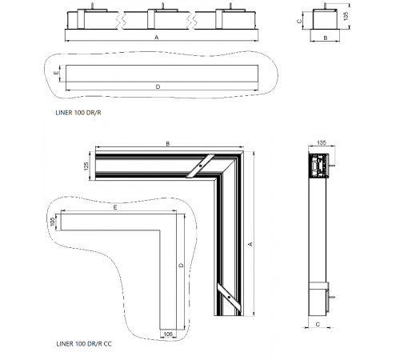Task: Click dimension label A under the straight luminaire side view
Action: point(157,38)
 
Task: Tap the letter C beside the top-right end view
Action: point(299,21)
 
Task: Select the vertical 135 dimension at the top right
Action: point(346,16)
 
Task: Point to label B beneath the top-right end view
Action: point(326,38)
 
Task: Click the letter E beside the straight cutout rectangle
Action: point(56,73)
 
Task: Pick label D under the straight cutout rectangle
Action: point(158,86)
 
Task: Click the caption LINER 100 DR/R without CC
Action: point(78,113)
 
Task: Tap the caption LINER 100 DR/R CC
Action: point(84,344)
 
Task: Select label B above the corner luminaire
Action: point(168,143)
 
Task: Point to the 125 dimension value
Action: point(86,166)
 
